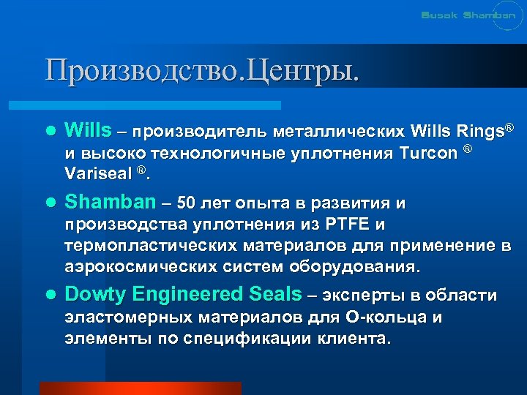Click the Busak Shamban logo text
click(468, 15)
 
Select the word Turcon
click(429, 154)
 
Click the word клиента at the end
click(356, 339)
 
